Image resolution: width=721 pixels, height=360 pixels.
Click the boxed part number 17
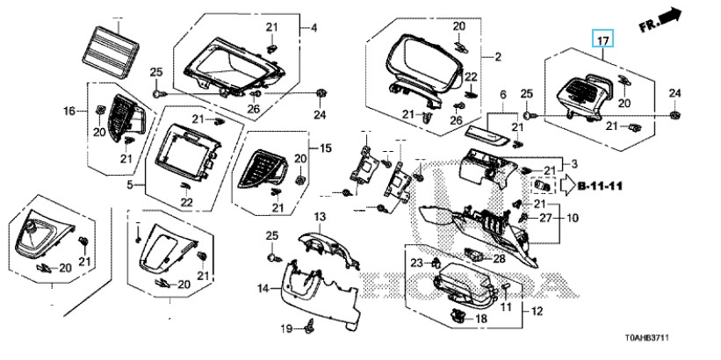click(602, 40)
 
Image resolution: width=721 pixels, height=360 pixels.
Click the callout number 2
click(498, 58)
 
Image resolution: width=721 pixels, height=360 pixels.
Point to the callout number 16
click(68, 112)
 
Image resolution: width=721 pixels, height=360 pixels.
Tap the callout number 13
click(296, 217)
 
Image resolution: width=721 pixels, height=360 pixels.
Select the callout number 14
click(262, 289)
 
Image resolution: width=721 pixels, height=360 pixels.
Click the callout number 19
click(285, 329)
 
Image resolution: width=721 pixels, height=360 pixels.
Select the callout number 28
click(499, 258)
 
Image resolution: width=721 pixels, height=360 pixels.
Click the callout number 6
click(503, 94)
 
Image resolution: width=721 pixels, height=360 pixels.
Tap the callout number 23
click(415, 263)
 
